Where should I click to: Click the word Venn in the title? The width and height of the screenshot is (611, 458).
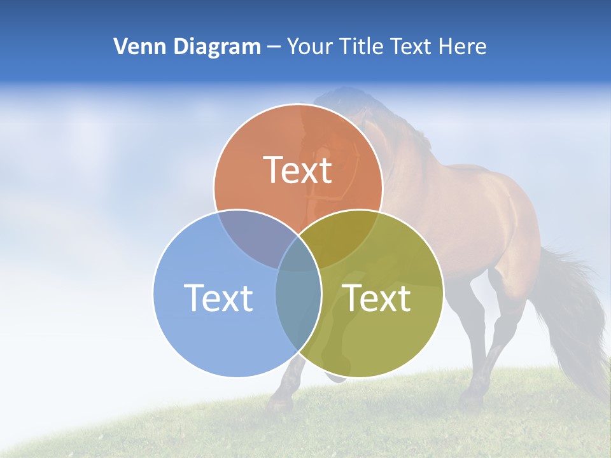[135, 46]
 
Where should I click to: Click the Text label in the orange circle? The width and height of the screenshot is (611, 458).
[298, 170]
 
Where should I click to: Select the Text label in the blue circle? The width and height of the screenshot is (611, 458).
[218, 298]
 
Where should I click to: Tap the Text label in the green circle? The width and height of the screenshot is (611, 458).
[376, 298]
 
